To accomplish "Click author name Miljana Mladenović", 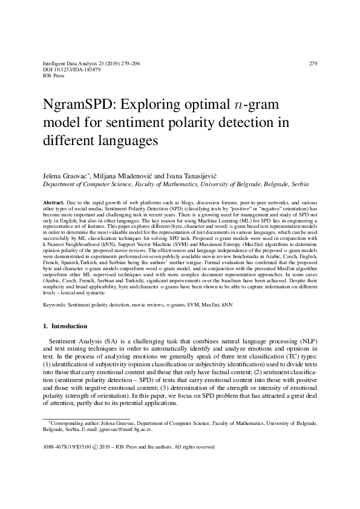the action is click(126, 175).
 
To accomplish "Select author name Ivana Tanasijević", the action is click(192, 175).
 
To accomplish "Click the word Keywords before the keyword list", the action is click(56, 306).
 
